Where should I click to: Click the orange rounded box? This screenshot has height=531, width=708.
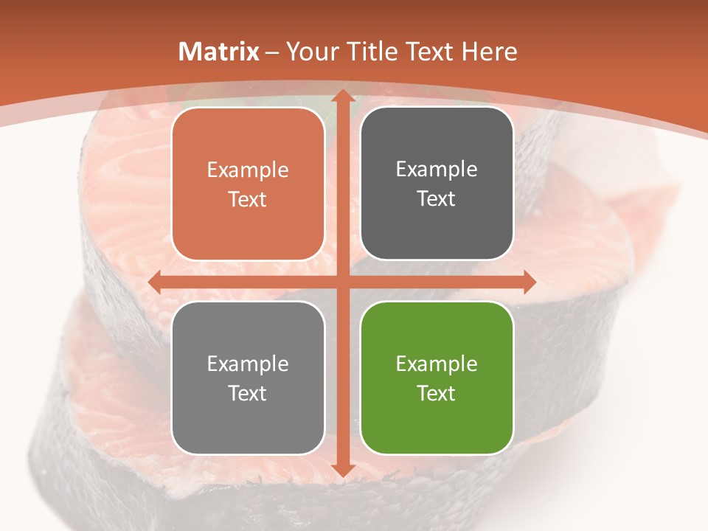pos(248,184)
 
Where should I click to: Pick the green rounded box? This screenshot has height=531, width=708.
pos(437,378)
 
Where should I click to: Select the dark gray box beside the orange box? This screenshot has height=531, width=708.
pos(437,184)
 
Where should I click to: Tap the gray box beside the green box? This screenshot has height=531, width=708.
pos(248,378)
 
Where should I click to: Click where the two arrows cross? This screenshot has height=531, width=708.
pos(341,282)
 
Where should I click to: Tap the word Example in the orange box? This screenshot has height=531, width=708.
pos(248,170)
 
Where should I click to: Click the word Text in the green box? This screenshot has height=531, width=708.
pos(437,393)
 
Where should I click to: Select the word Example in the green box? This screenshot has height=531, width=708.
pos(437,364)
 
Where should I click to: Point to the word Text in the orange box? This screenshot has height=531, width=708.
pos(248,199)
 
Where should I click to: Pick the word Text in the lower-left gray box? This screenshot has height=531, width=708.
pos(248,393)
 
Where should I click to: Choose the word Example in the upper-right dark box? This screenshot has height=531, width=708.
pos(437,170)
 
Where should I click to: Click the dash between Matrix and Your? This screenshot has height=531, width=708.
pos(272,52)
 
